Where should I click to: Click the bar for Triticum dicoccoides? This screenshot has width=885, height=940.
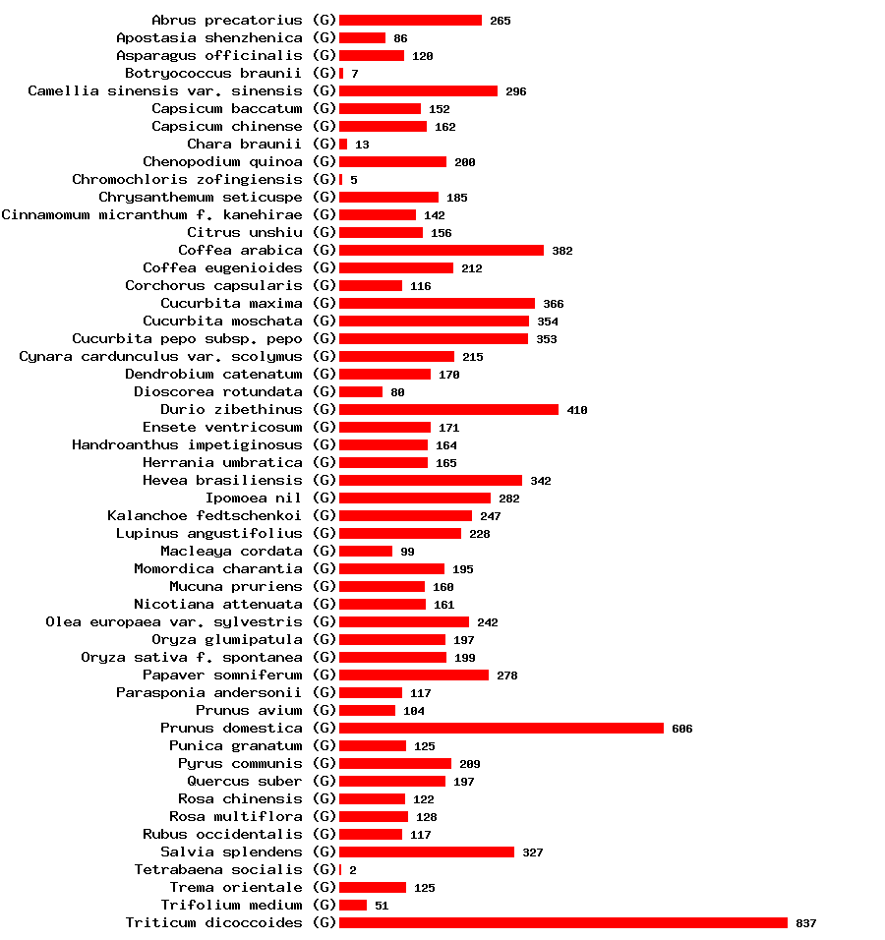(x=562, y=922)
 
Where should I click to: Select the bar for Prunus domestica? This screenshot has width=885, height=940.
(x=501, y=728)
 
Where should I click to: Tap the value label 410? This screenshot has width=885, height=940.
(x=577, y=410)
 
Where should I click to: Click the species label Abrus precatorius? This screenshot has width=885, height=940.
(x=226, y=20)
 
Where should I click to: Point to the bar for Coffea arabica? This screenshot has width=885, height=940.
(x=441, y=250)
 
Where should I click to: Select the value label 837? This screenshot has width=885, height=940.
(x=806, y=923)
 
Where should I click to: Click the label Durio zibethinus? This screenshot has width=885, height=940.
(x=231, y=409)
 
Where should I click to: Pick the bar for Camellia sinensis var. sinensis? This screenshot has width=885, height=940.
(x=418, y=90)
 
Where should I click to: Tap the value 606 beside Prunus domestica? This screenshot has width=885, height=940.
(x=682, y=729)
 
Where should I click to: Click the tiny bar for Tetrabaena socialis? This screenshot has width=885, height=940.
(x=340, y=869)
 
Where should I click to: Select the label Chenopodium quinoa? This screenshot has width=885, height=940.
(x=222, y=161)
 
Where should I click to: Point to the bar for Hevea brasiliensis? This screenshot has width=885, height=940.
(x=430, y=480)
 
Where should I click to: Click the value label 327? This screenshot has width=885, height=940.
(x=533, y=852)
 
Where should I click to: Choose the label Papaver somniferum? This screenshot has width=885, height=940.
(x=222, y=675)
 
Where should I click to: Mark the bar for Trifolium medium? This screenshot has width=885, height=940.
(x=352, y=905)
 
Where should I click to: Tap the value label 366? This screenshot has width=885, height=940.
(x=554, y=304)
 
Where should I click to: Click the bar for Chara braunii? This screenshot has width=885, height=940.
(x=343, y=144)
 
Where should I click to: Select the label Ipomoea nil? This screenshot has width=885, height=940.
(x=254, y=498)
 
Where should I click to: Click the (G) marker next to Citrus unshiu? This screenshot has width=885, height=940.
(x=324, y=232)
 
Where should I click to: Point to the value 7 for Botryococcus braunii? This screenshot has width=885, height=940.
(x=355, y=74)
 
